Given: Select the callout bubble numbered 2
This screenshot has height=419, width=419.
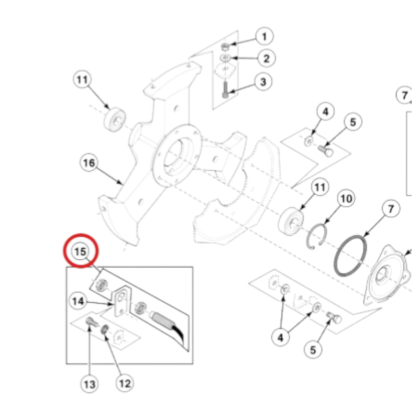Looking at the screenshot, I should (265, 58).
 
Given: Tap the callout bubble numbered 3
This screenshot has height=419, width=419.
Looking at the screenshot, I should (264, 81).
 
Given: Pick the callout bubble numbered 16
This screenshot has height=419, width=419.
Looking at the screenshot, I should (89, 163).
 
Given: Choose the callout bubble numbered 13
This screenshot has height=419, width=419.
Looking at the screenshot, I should (90, 384).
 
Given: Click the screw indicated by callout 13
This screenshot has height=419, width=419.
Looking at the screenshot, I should (90, 322).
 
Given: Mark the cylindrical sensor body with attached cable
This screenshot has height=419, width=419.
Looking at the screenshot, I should (161, 318).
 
